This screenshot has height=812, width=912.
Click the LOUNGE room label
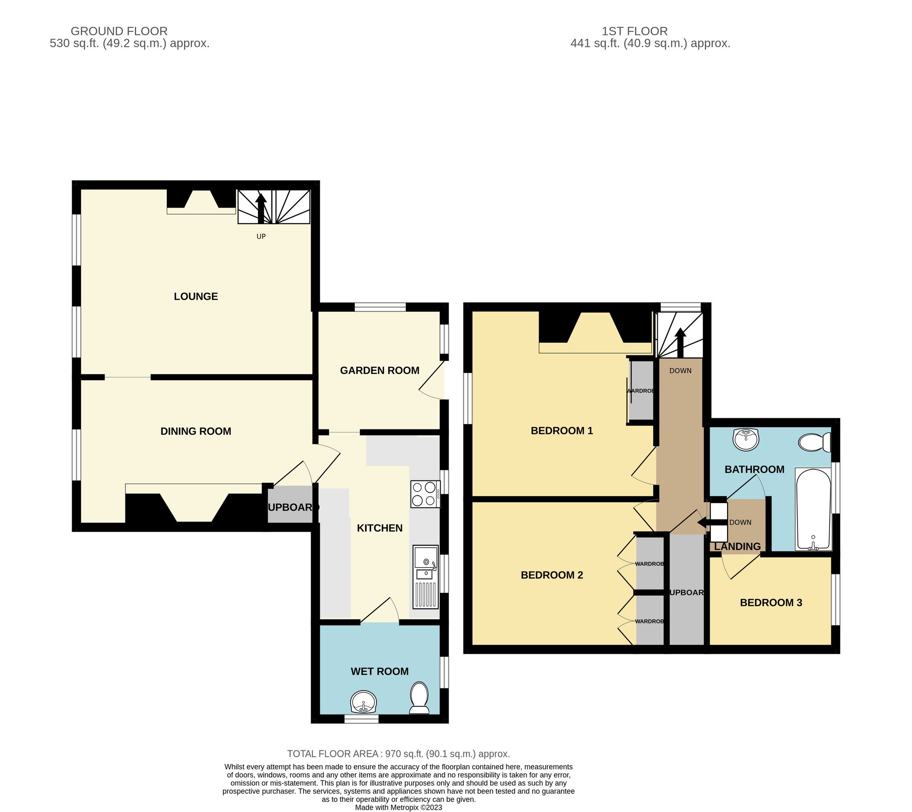click(x=196, y=296)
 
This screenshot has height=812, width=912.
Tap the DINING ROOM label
click(x=196, y=431)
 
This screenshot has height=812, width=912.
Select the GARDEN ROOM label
click(x=380, y=370)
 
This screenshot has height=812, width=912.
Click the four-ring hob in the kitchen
click(x=425, y=494)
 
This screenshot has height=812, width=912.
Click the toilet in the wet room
click(x=419, y=698)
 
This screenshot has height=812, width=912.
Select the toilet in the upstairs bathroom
click(x=814, y=443)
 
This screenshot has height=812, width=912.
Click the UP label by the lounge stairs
click(x=261, y=236)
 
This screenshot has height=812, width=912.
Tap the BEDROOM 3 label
click(x=771, y=603)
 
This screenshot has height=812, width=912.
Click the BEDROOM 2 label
click(x=552, y=575)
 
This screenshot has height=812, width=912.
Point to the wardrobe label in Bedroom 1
click(x=640, y=391)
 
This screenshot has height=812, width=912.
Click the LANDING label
click(x=737, y=546)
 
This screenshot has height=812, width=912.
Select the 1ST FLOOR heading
click(x=634, y=31)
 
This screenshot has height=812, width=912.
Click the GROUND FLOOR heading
click(x=119, y=31)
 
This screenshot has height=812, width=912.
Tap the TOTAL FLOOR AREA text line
click(x=399, y=754)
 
